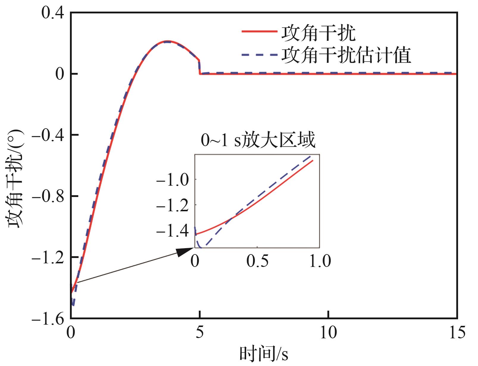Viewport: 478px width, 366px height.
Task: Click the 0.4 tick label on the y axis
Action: [x=53, y=13]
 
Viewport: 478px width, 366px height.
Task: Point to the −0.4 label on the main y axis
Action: [x=48, y=135]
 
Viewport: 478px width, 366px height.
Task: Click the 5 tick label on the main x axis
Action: [x=199, y=332]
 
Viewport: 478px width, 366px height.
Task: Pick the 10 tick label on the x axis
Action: [x=328, y=332]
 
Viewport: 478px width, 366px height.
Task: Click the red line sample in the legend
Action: [x=259, y=32]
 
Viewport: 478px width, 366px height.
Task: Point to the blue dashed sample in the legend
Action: [x=259, y=54]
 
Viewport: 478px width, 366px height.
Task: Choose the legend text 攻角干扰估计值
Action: [x=346, y=55]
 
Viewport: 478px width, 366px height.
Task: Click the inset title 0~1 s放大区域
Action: [x=258, y=140]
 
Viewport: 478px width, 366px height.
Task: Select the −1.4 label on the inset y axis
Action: [x=172, y=231]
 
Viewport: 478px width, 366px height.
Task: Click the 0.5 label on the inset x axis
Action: [x=257, y=261]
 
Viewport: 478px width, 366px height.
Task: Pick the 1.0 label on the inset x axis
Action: [x=320, y=261]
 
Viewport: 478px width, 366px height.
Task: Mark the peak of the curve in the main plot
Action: [x=168, y=41]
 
